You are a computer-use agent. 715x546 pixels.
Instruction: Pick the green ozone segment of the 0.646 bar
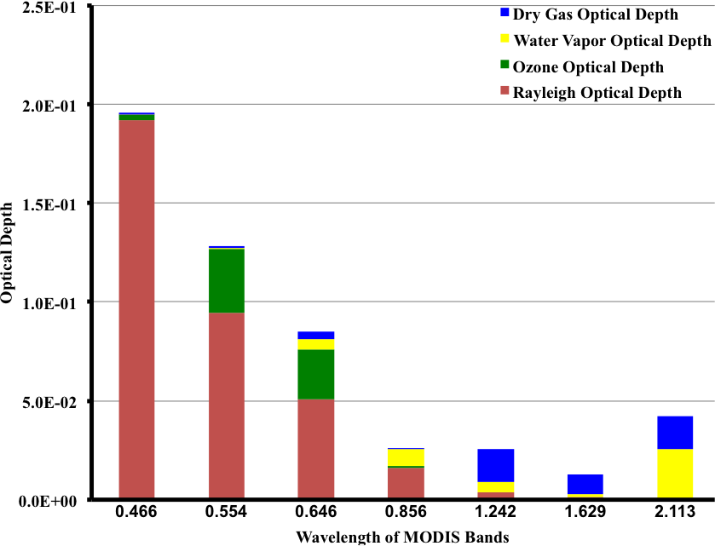click(x=316, y=374)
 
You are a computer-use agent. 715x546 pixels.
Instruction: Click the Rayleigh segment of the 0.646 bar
click(x=316, y=449)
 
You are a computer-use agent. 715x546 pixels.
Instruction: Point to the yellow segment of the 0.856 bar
click(x=406, y=457)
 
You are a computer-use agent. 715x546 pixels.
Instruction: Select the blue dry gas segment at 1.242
click(x=496, y=465)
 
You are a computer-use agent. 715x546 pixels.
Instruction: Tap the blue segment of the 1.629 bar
click(x=585, y=484)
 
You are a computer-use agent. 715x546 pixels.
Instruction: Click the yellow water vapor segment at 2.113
click(x=675, y=474)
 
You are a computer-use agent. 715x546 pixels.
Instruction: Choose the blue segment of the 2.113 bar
click(x=675, y=432)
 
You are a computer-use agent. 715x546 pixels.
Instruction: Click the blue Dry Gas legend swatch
click(x=505, y=14)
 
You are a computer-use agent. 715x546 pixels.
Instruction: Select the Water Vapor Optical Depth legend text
click(x=613, y=40)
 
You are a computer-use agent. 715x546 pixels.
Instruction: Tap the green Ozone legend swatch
click(x=505, y=65)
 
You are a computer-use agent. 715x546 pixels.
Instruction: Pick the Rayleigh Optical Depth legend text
click(x=597, y=92)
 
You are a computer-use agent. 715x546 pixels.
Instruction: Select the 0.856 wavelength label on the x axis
click(x=406, y=514)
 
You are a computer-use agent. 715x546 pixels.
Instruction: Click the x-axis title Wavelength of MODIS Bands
click(x=402, y=537)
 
